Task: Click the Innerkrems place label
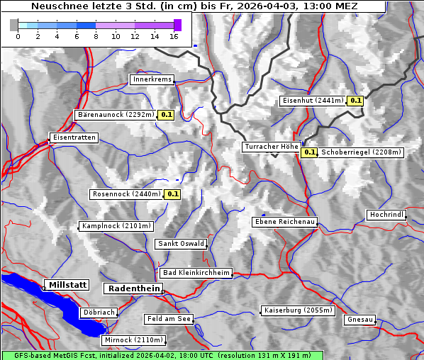point(152,79)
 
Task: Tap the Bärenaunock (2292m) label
point(115,114)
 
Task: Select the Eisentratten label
point(73,137)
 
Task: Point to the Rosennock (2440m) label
point(126,193)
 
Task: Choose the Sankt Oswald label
point(181,244)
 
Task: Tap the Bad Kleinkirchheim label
point(196,273)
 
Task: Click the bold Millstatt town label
point(67,285)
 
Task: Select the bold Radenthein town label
point(133,288)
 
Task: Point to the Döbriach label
point(99,312)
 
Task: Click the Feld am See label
point(169,319)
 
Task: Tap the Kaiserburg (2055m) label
point(297,310)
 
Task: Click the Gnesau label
point(360,320)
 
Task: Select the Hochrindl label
point(386,215)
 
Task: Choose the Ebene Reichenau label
point(284,222)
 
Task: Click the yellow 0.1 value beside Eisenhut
point(356,101)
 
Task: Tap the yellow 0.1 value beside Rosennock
point(172,193)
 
